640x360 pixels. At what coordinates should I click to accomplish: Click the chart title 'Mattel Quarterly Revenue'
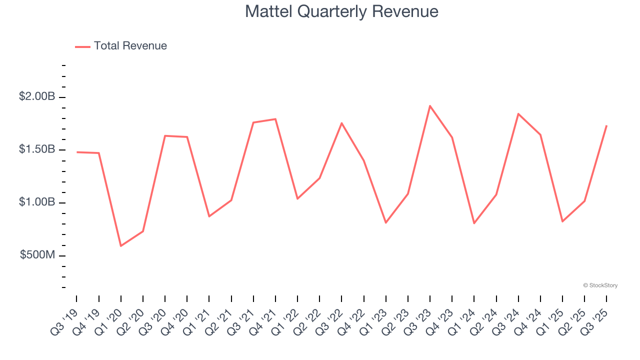click(x=341, y=11)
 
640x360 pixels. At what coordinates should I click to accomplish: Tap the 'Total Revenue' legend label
click(x=130, y=46)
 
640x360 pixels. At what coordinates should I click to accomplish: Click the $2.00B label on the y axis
click(x=37, y=96)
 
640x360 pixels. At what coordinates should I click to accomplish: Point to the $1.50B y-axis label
click(x=37, y=149)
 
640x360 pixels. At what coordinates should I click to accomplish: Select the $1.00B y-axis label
click(x=37, y=202)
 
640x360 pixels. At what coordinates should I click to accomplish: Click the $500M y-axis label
click(x=37, y=255)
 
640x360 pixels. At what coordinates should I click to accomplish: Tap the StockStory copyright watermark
click(x=600, y=285)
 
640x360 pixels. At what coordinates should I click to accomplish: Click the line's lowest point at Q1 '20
click(x=120, y=246)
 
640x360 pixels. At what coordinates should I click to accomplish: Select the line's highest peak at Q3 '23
click(x=430, y=105)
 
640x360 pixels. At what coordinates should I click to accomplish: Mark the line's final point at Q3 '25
click(x=606, y=125)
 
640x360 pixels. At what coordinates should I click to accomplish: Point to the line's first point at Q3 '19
click(x=76, y=152)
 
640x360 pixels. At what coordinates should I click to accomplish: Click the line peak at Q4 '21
click(x=275, y=119)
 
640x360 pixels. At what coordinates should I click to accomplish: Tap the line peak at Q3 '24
click(x=518, y=114)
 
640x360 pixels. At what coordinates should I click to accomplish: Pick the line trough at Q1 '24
click(x=474, y=223)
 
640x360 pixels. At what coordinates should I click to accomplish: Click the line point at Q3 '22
click(x=341, y=123)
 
